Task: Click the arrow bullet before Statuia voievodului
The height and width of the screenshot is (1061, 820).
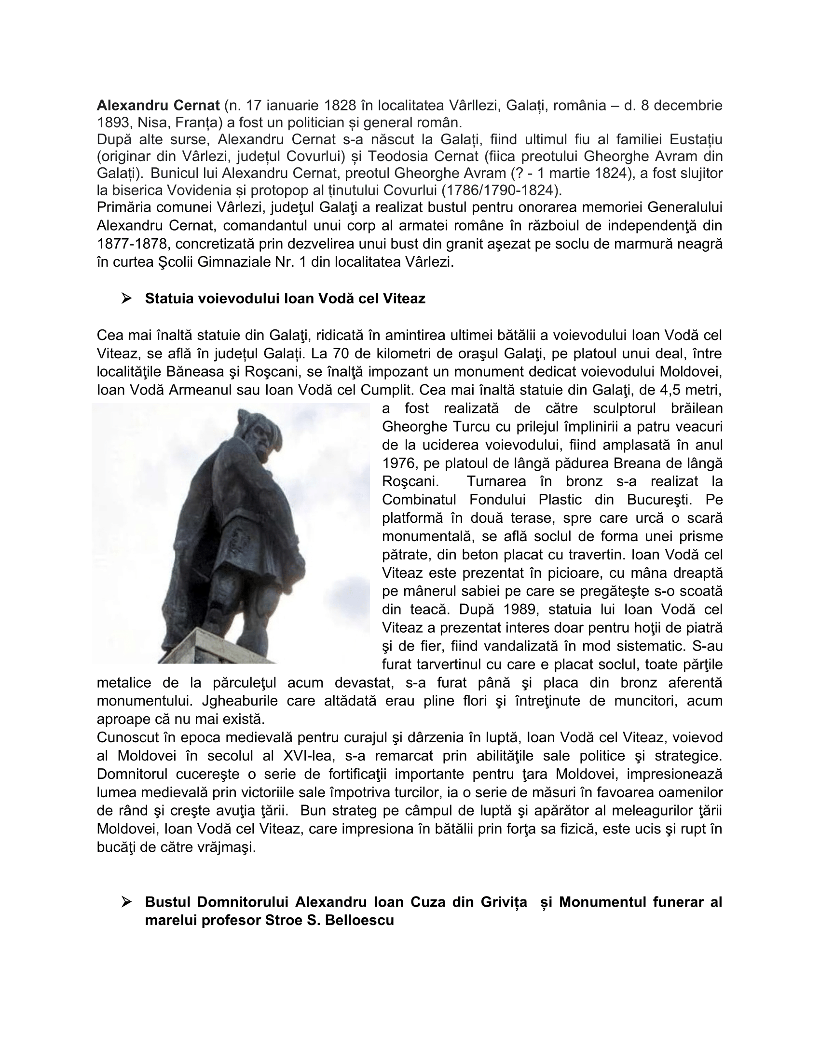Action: (127, 298)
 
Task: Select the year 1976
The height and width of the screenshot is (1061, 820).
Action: (398, 463)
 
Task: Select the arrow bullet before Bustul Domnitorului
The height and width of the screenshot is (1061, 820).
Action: (127, 903)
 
